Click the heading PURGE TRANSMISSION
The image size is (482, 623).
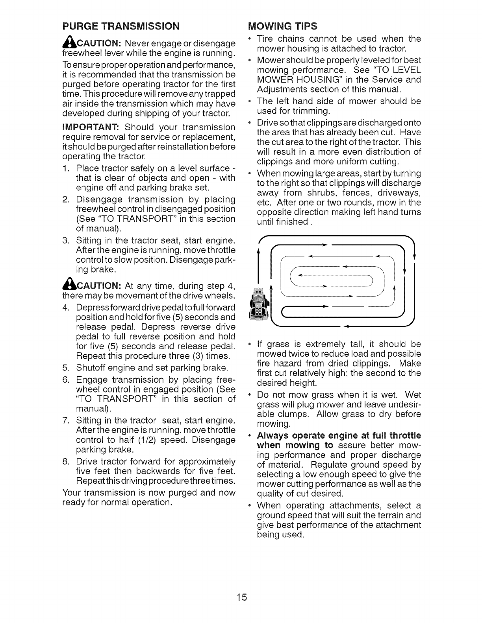pos(121,27)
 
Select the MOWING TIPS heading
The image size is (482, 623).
pos(282,27)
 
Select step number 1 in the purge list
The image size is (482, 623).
pos(66,168)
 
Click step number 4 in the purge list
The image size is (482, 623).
pos(66,307)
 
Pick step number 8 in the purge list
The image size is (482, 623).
pos(66,461)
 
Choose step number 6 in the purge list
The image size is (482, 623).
pos(66,380)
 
